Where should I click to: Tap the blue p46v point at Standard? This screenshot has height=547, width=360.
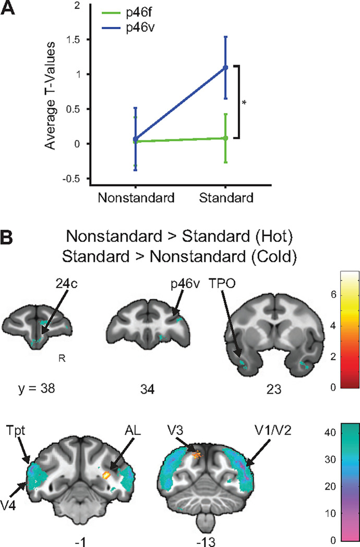226,67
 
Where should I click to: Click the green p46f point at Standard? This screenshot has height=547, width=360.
226,138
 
